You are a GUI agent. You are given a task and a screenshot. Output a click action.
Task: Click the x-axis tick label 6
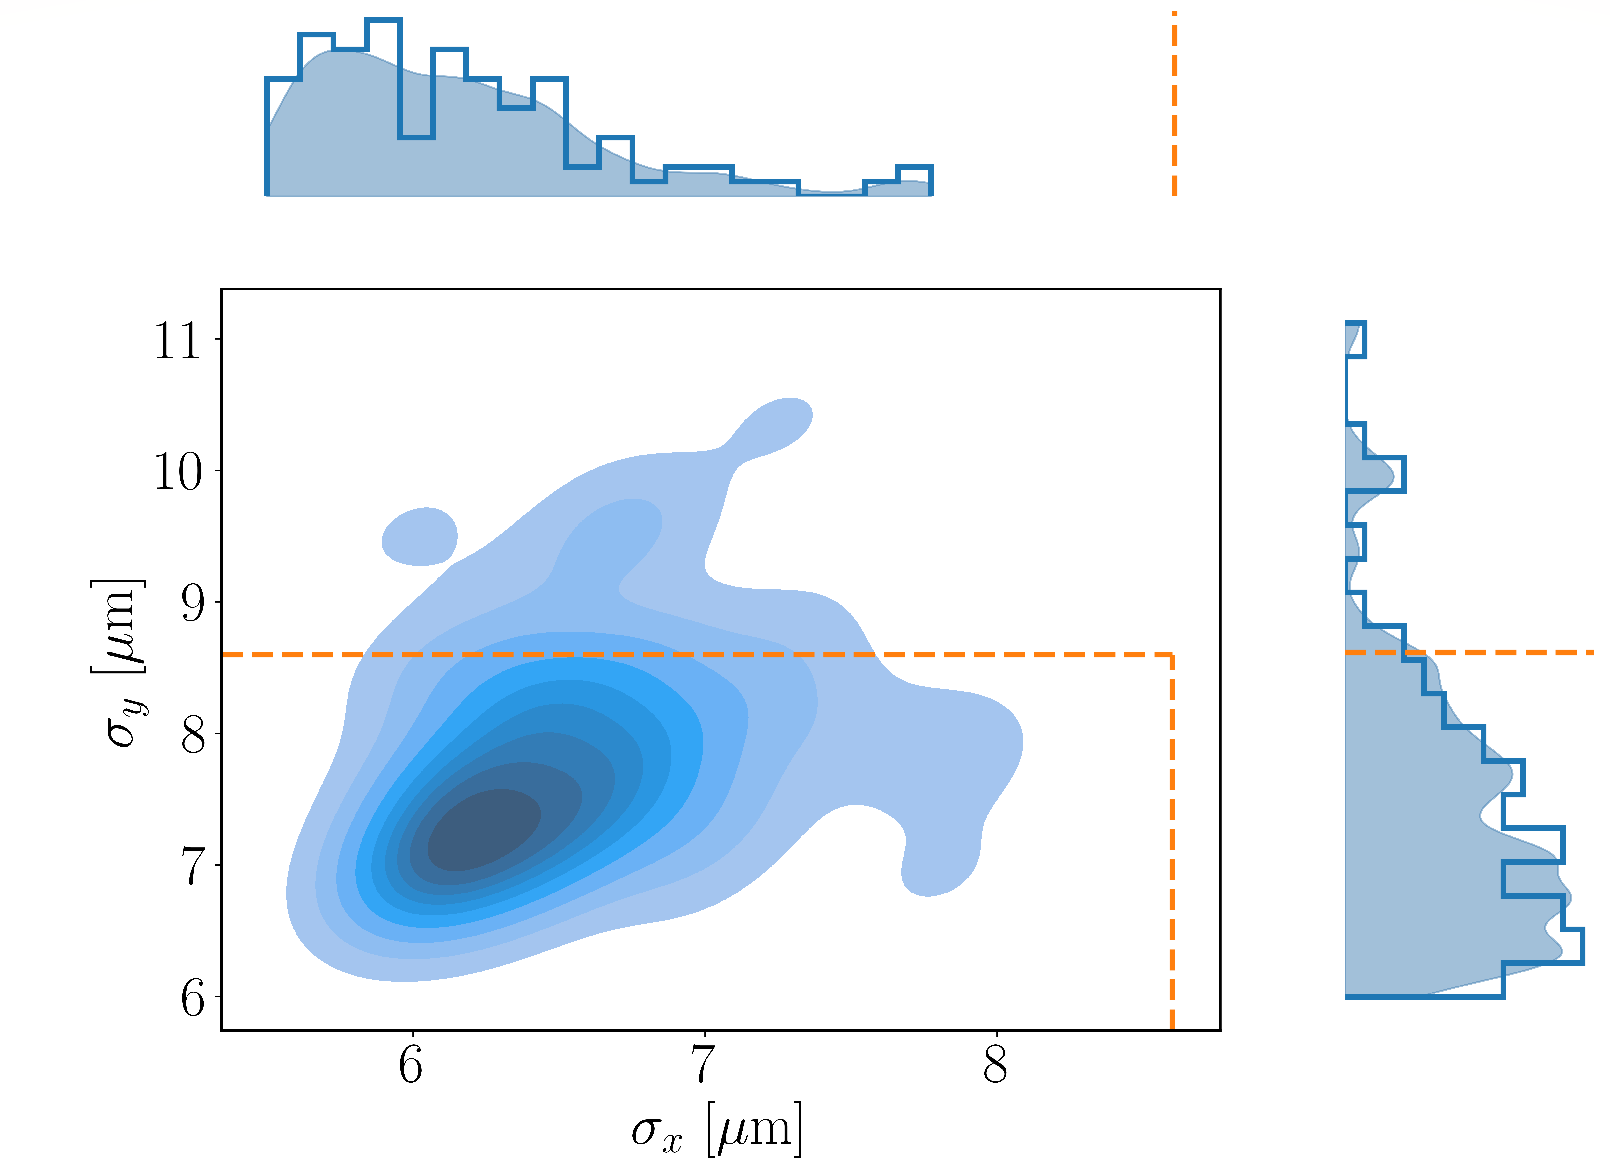(x=411, y=1066)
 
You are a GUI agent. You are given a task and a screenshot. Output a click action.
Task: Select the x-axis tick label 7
(x=704, y=1066)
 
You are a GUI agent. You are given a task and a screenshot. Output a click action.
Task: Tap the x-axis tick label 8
(x=995, y=1066)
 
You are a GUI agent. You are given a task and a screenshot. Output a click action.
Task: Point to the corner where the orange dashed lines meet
(x=1172, y=654)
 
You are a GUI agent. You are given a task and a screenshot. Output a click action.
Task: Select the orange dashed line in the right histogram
(x=1495, y=652)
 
